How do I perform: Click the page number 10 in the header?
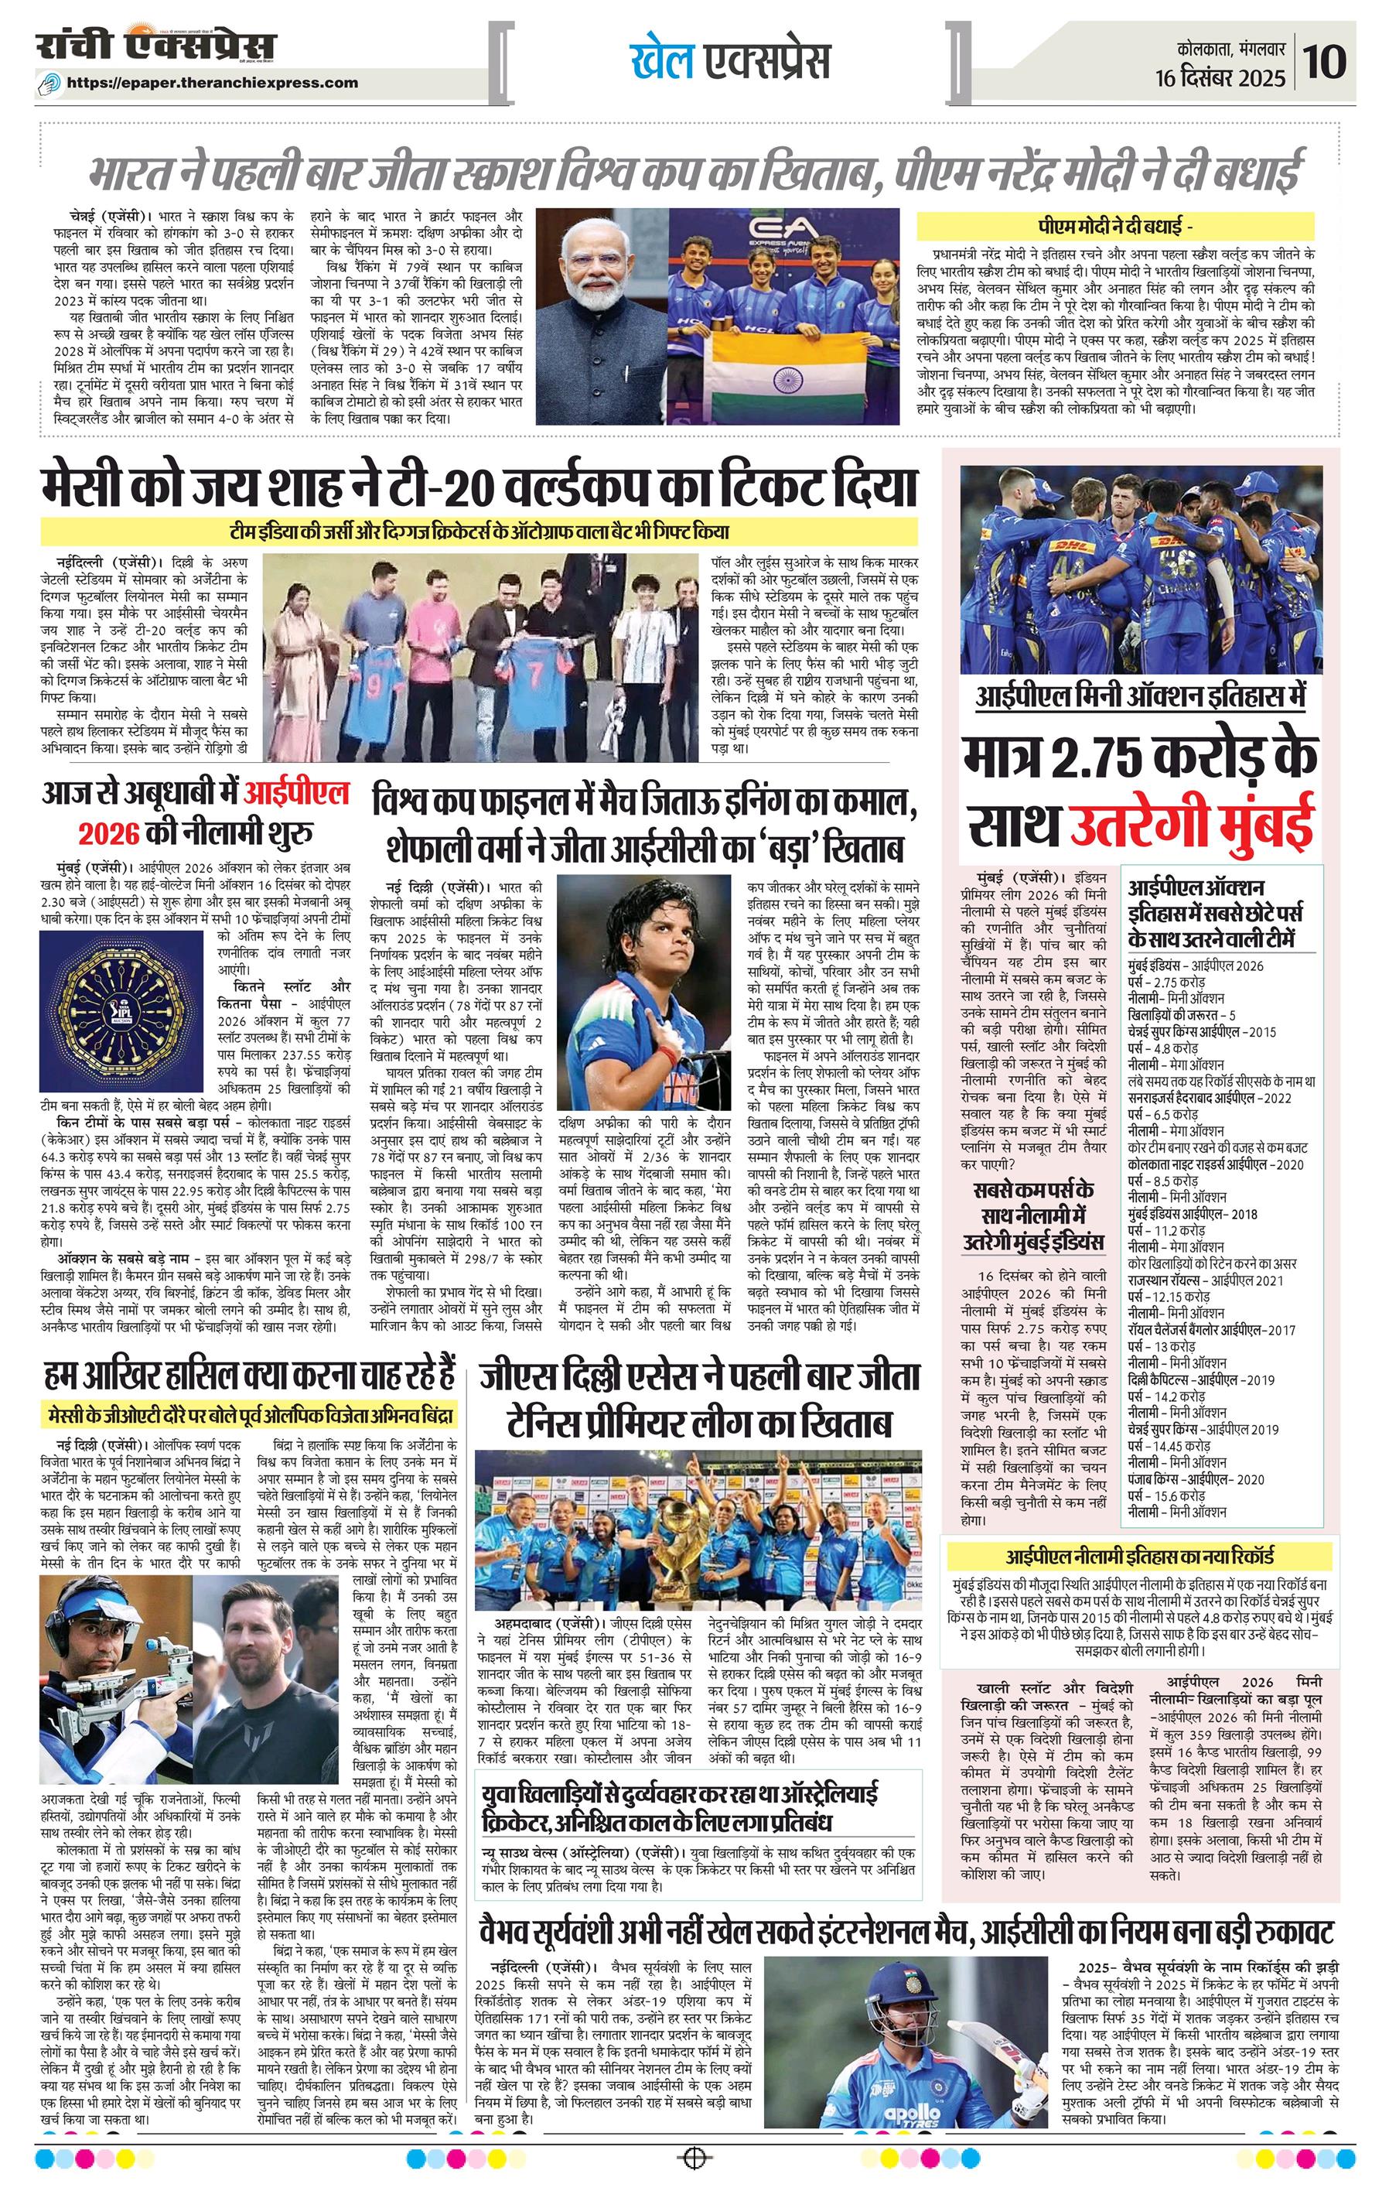[x=1326, y=63]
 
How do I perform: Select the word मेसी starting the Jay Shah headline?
[x=100, y=487]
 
